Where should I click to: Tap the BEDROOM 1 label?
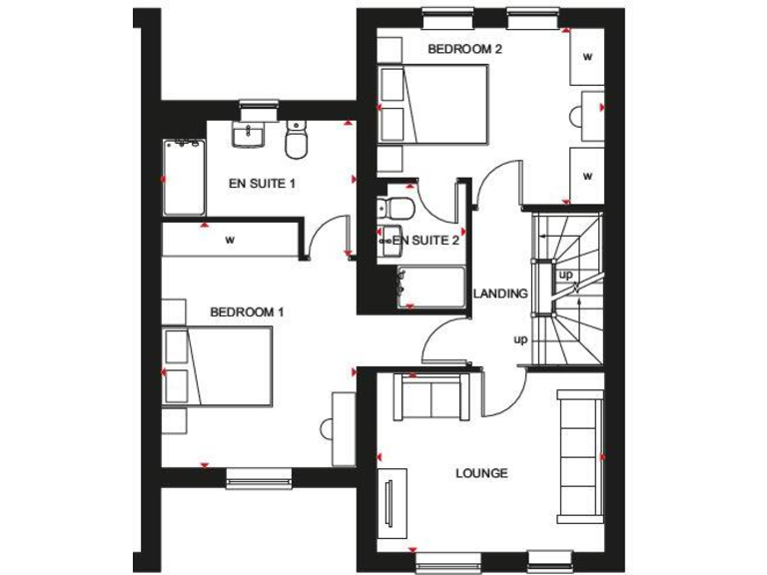pyautogui.click(x=247, y=312)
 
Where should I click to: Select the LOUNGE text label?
pyautogui.click(x=481, y=473)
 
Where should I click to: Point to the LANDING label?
pyautogui.click(x=499, y=293)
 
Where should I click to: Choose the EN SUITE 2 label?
pyautogui.click(x=426, y=241)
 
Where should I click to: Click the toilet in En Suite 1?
pyautogui.click(x=295, y=142)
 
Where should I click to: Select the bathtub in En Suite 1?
pyautogui.click(x=184, y=178)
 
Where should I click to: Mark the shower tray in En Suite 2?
pyautogui.click(x=431, y=287)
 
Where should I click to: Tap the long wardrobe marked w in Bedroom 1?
pyautogui.click(x=231, y=240)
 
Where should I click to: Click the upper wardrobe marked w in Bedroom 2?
pyautogui.click(x=586, y=58)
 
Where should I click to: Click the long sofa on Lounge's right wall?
pyautogui.click(x=579, y=454)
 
